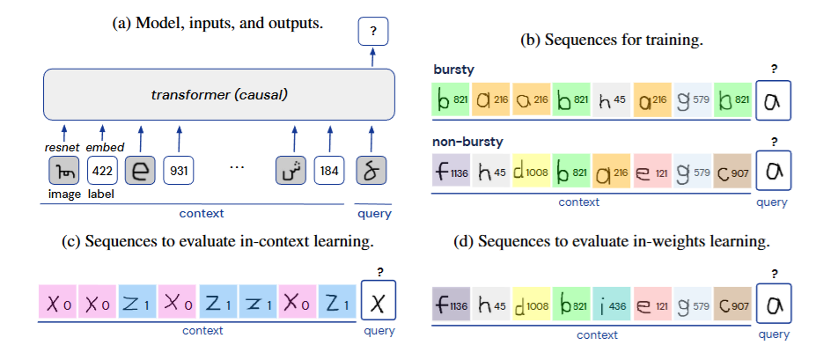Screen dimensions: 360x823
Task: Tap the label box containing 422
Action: pyautogui.click(x=102, y=169)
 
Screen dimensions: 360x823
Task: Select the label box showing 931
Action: pyautogui.click(x=179, y=169)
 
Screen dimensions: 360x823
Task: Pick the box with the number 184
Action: pyautogui.click(x=329, y=169)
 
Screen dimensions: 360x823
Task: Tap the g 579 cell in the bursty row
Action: pyautogui.click(x=693, y=100)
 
